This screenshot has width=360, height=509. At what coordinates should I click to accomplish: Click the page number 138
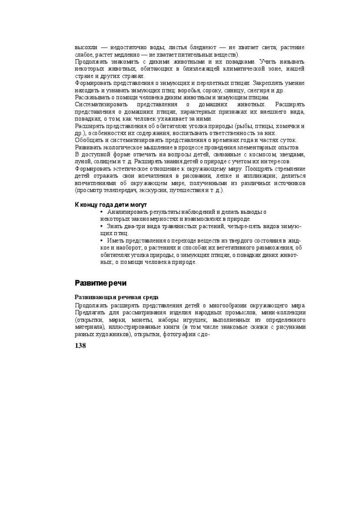pyautogui.click(x=80, y=345)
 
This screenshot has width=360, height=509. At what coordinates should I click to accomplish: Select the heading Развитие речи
pyautogui.click(x=100, y=283)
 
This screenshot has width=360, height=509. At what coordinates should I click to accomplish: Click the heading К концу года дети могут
pyautogui.click(x=110, y=205)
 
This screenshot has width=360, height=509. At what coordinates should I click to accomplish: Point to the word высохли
pyautogui.click(x=85, y=47)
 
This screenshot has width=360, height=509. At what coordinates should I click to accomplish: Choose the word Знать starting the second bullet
pyautogui.click(x=114, y=226)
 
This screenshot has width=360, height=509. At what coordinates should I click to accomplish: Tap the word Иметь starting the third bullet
pyautogui.click(x=115, y=241)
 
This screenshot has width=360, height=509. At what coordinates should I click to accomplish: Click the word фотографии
pyautogui.click(x=181, y=335)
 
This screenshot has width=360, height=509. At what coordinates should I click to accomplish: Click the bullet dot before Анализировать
pyautogui.click(x=102, y=212)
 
